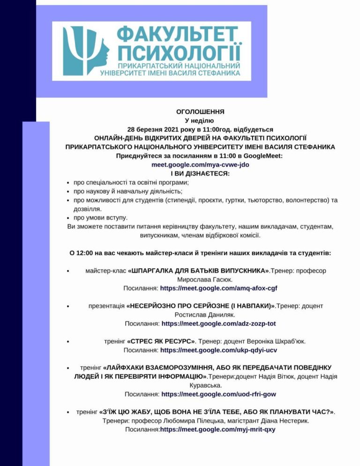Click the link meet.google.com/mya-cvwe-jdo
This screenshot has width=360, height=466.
coord(200,165)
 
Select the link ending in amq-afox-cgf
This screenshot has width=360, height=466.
coord(222,288)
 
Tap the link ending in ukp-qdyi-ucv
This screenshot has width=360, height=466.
coord(218,350)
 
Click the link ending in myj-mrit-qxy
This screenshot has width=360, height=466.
coord(217,429)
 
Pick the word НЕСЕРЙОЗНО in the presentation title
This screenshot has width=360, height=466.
coord(152,306)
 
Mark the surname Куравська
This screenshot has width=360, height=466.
coord(205,385)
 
